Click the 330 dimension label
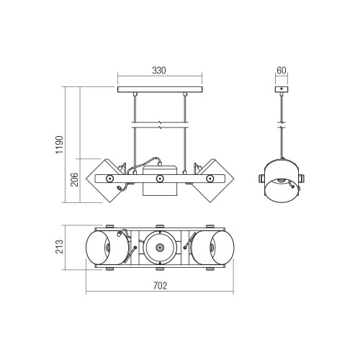[x=159, y=71]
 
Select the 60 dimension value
[x=282, y=71]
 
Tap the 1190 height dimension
[x=59, y=145]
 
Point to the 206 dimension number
[x=74, y=179]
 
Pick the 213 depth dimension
[x=59, y=246]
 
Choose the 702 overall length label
[x=160, y=286]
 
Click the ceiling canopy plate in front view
[x=160, y=89]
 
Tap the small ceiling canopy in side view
[x=282, y=89]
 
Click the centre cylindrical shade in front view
[x=160, y=181]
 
